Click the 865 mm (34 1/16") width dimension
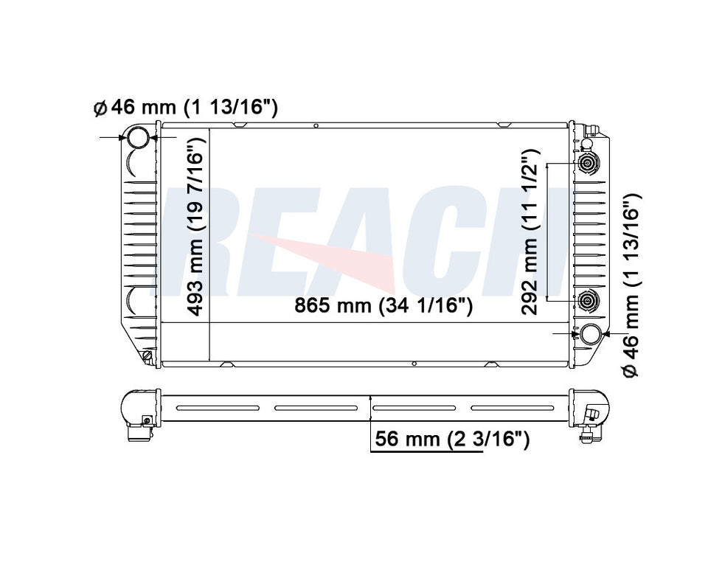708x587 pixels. pyautogui.click(x=383, y=306)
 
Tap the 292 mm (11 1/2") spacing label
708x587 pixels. pyautogui.click(x=530, y=232)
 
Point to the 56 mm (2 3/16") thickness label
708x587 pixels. pyautogui.click(x=451, y=440)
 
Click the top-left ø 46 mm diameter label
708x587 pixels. pyautogui.click(x=185, y=108)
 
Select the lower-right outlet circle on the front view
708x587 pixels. pyautogui.click(x=591, y=334)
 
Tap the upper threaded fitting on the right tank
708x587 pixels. pyautogui.click(x=588, y=164)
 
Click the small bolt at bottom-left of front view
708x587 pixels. pyautogui.click(x=147, y=357)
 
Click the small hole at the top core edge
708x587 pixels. pyautogui.click(x=315, y=126)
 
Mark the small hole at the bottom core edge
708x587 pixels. pyautogui.click(x=414, y=363)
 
